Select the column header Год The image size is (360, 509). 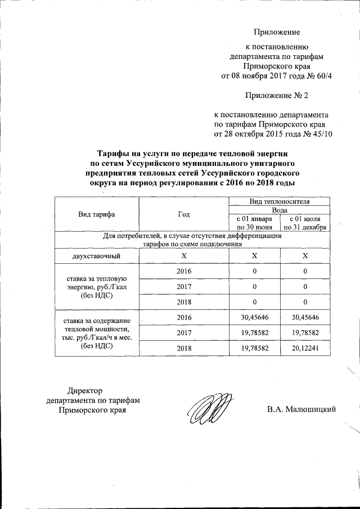click(183, 214)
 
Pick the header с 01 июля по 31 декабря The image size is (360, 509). click(305, 222)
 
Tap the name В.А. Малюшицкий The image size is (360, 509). click(301, 409)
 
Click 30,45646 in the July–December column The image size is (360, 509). click(305, 317)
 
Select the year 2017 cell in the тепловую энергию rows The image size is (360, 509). click(183, 286)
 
